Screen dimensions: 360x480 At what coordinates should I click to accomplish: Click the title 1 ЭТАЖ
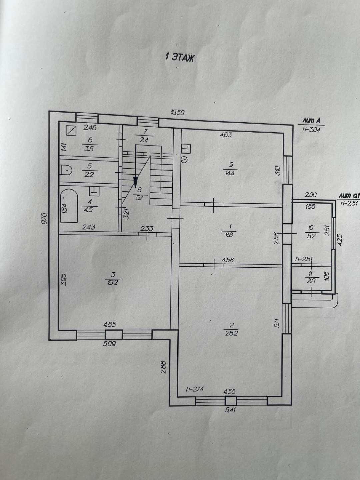pos(179,58)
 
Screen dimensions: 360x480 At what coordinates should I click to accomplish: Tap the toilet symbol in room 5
pos(66,170)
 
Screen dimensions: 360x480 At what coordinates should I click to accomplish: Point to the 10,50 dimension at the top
pos(178,113)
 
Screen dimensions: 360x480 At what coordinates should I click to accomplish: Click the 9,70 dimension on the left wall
pos(44,218)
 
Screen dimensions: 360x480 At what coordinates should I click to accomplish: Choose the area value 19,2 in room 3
pos(113,282)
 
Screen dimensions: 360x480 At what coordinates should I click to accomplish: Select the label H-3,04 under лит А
pos(311,129)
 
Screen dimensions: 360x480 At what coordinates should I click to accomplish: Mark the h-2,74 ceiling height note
pos(195,389)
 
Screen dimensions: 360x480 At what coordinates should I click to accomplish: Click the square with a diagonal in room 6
pos(71,131)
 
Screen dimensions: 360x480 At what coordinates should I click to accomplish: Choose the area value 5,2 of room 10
pos(311,236)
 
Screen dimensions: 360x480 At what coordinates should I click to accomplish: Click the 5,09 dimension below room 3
pos(110,344)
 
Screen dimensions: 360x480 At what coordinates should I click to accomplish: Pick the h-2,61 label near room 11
pos(304,259)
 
